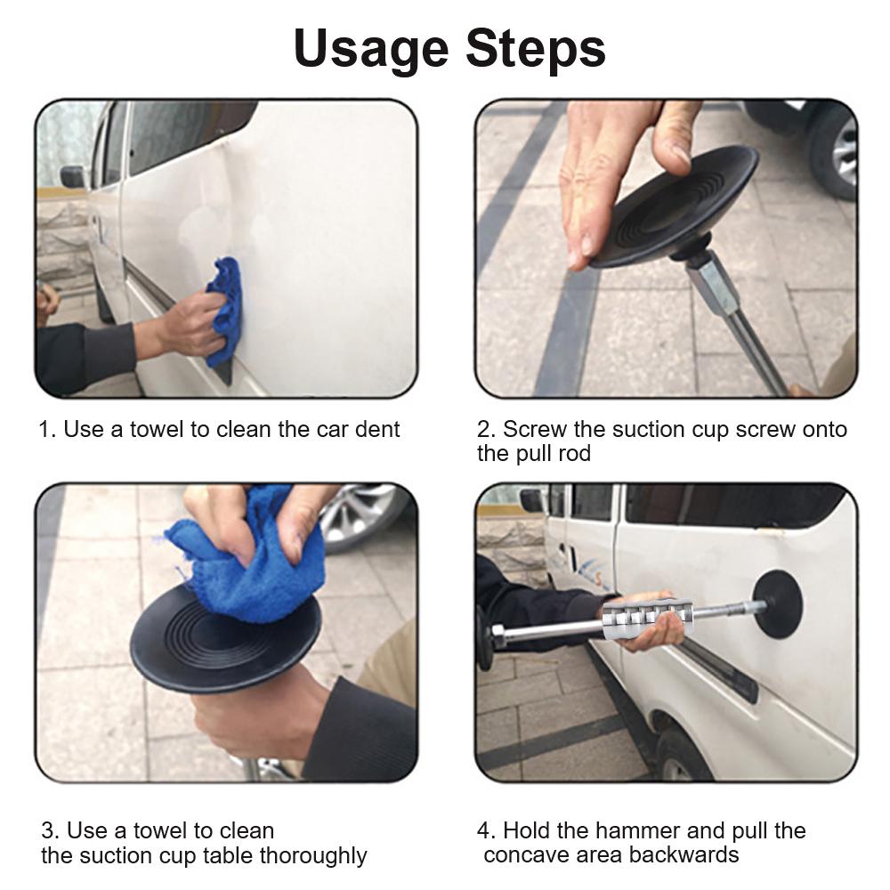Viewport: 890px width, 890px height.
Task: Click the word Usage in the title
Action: coord(374,49)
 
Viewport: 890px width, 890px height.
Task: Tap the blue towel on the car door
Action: coord(225,311)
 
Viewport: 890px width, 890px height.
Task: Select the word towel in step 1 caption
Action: coord(157,430)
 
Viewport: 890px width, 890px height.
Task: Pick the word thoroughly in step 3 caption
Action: coord(314,857)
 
